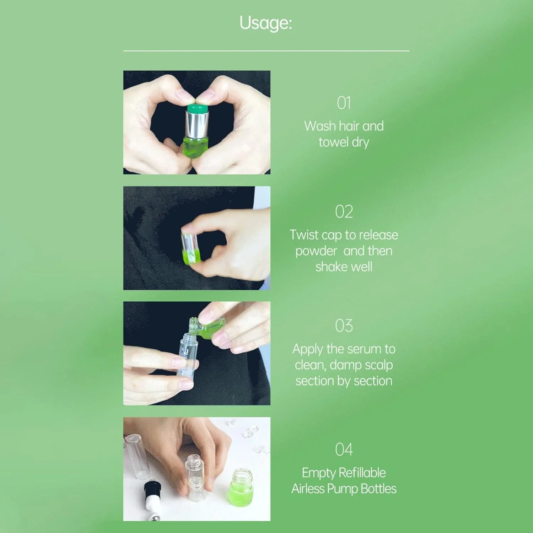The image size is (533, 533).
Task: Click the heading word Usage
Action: (x=266, y=23)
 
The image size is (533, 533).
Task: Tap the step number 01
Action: (x=344, y=103)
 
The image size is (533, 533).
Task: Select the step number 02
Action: (x=344, y=212)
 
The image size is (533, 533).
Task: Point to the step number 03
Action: (x=344, y=325)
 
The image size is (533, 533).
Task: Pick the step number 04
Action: (x=344, y=449)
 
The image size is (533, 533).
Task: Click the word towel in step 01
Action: (x=333, y=142)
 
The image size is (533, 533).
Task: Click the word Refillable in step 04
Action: (x=362, y=473)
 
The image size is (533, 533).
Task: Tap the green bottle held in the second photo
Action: (x=190, y=248)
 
